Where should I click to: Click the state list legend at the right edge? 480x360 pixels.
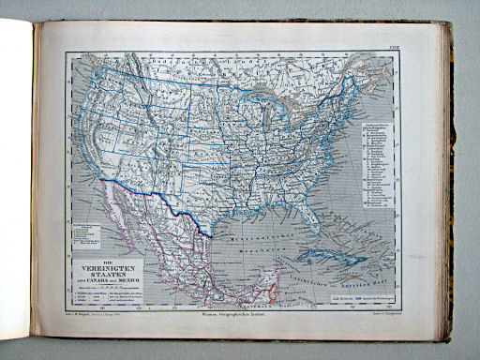374,159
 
